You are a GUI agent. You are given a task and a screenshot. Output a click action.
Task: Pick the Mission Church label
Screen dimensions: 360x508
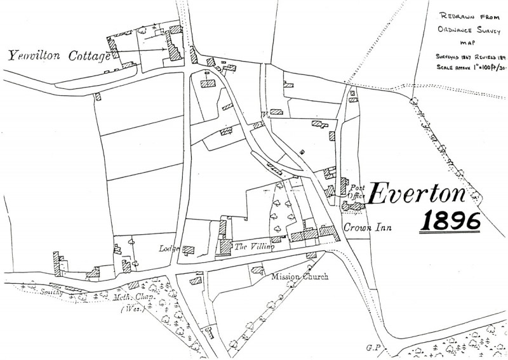tap(299, 277)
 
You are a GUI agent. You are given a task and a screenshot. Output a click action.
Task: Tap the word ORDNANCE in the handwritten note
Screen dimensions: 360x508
tap(454, 30)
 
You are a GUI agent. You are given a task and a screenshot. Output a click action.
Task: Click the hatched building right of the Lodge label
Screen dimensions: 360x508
tap(189, 250)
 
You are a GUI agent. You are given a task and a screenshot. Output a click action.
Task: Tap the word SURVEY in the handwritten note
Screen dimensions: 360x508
tap(487, 30)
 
